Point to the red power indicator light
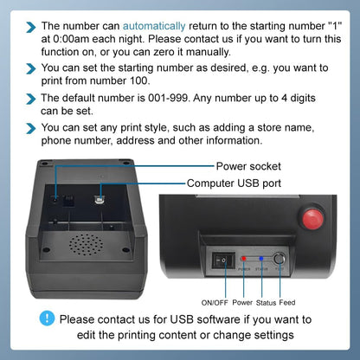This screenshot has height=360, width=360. tap(245, 258)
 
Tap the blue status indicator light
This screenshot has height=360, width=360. tap(261, 258)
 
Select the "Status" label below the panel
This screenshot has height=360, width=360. tap(266, 303)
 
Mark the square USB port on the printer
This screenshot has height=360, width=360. tap(101, 196)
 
